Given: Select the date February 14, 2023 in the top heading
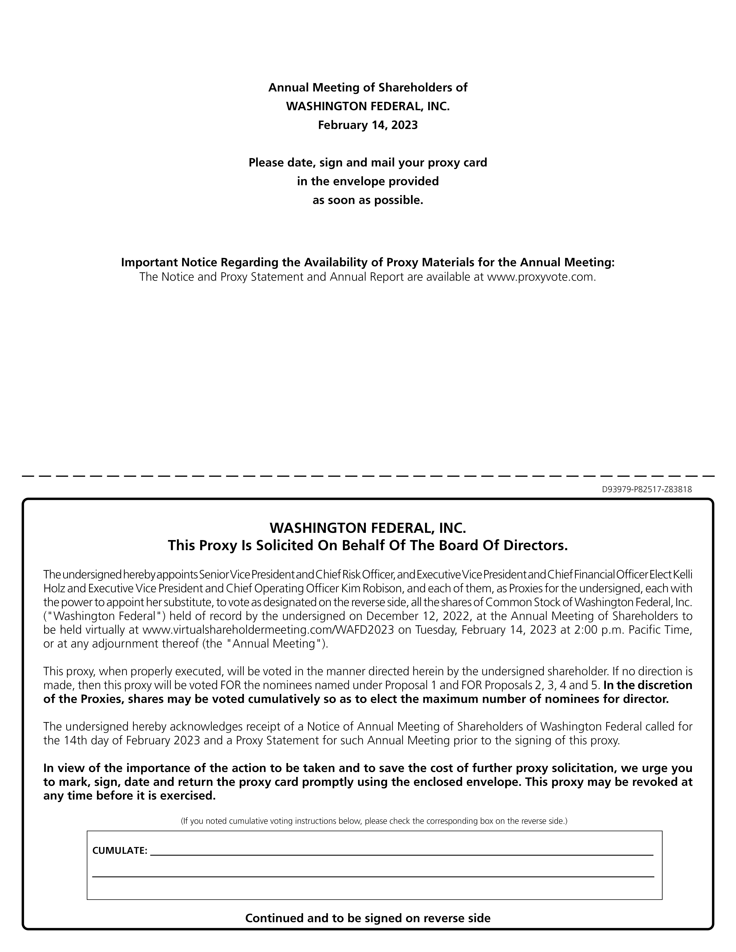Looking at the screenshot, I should [368, 125].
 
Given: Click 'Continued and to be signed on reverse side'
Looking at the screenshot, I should [368, 918].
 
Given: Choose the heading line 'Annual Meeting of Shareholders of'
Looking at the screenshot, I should [368, 88].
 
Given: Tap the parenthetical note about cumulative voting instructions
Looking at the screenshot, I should [374, 821].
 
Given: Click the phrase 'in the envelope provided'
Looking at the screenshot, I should [368, 181].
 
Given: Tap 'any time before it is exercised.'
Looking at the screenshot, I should [129, 795].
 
